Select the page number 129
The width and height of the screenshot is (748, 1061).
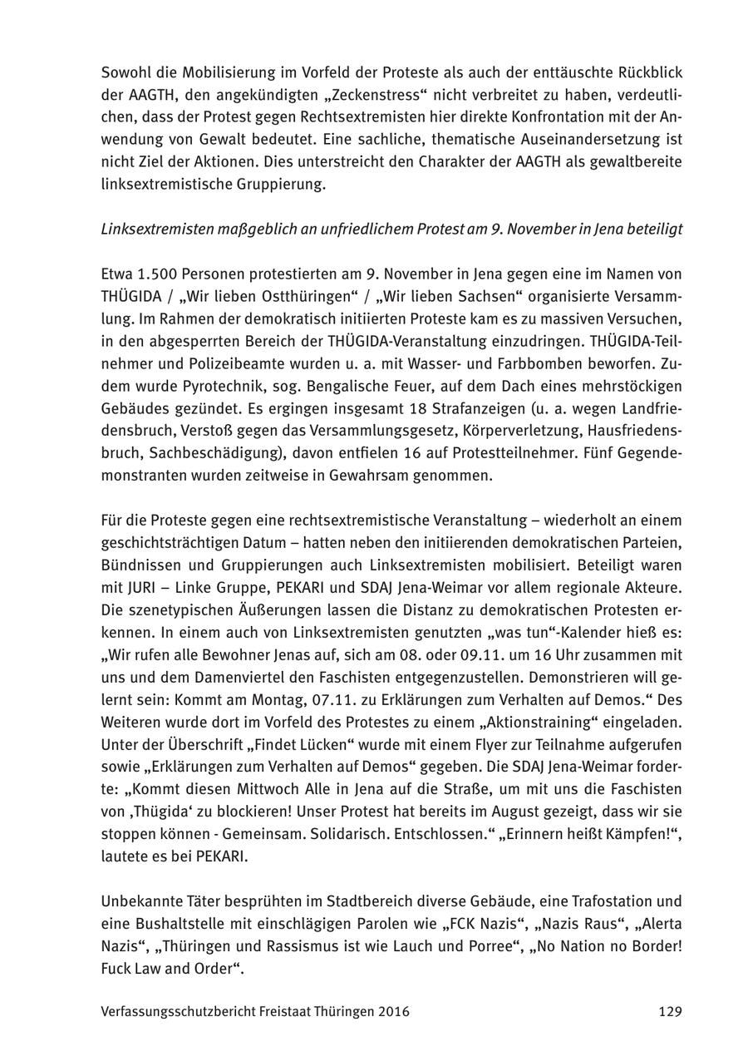click(670, 1011)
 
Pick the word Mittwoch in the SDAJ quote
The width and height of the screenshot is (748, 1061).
click(248, 788)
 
